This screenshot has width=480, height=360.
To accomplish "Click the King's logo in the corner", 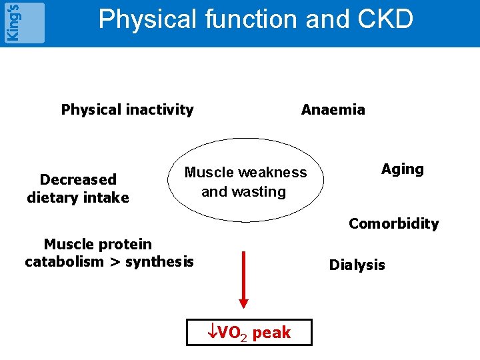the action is pos(23,22).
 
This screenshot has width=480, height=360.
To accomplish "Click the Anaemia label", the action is pos(333,110).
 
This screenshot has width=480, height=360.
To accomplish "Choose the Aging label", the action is pos(402,169).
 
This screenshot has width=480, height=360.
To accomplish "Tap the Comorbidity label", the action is pos(393,224).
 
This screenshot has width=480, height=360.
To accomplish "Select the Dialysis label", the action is pos(357,265).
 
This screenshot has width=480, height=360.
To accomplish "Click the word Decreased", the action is pos(78,179).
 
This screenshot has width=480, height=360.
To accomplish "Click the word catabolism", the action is pos(64,262).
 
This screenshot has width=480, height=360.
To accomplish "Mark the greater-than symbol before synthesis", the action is pos(115,262).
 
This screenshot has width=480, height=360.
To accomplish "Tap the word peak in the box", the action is pos(271,333).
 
